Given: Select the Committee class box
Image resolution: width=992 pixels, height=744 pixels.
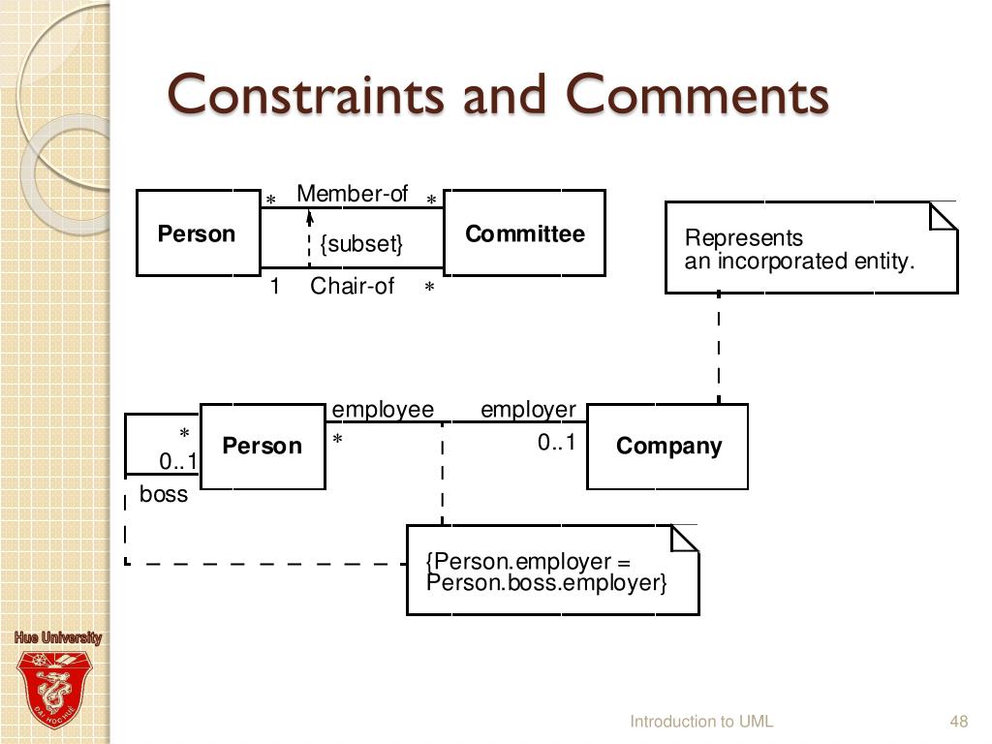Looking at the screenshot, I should (524, 233).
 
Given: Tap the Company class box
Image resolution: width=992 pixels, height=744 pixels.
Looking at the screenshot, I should (667, 447).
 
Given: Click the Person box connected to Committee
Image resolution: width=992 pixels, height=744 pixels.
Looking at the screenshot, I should (198, 233).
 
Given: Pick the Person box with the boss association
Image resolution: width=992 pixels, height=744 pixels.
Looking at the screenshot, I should (262, 447).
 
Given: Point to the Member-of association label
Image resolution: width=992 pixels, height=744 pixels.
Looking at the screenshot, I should (352, 194).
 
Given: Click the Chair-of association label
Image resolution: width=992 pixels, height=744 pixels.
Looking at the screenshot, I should (352, 286).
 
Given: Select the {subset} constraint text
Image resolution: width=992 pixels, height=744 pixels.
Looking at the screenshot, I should (360, 243).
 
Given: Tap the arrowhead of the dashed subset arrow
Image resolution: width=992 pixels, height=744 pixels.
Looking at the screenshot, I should (309, 216).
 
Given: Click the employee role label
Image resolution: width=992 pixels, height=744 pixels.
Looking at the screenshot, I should (383, 410).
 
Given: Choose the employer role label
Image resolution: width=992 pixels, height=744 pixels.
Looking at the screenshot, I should (528, 410).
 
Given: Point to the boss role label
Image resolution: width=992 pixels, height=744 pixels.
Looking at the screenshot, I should (164, 495).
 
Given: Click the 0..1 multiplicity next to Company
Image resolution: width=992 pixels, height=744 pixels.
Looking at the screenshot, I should (557, 443).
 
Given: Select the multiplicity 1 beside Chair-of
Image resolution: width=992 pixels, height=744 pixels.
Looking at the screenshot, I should (275, 286).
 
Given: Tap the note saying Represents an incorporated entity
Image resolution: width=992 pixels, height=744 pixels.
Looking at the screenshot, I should (810, 248).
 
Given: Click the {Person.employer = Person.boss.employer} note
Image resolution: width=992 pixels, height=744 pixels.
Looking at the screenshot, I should (551, 572).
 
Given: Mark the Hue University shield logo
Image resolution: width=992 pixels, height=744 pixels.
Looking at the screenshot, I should (57, 687).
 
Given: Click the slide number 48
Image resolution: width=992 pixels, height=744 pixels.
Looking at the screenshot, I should (959, 721).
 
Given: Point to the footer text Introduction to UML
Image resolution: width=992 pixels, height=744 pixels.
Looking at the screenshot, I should (701, 721).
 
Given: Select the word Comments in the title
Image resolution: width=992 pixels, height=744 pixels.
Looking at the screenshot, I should (697, 96).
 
